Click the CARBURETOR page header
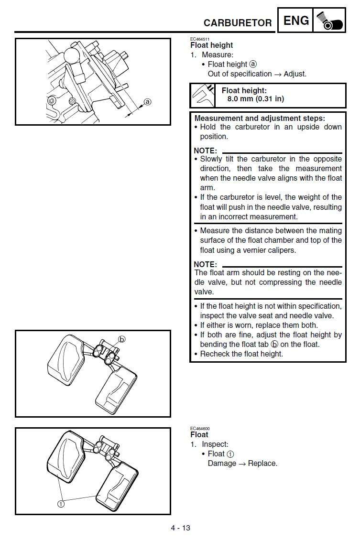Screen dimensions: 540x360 [237, 23]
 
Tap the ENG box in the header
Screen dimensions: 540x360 [296, 21]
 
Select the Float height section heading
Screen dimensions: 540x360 [211, 45]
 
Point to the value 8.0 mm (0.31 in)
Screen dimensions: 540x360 [255, 99]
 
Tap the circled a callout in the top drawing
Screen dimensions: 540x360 [147, 101]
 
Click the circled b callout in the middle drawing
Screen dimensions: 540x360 [121, 339]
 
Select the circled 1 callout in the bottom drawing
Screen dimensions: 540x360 [61, 503]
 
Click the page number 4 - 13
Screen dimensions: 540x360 [180, 528]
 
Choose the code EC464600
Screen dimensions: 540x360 [200, 429]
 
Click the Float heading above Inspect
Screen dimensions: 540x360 [199, 435]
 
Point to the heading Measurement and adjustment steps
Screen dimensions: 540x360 [260, 118]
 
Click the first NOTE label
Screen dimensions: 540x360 [205, 151]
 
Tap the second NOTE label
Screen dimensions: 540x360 [205, 264]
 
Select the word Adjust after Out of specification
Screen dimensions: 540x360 [295, 74]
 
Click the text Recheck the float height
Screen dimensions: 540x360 [241, 354]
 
